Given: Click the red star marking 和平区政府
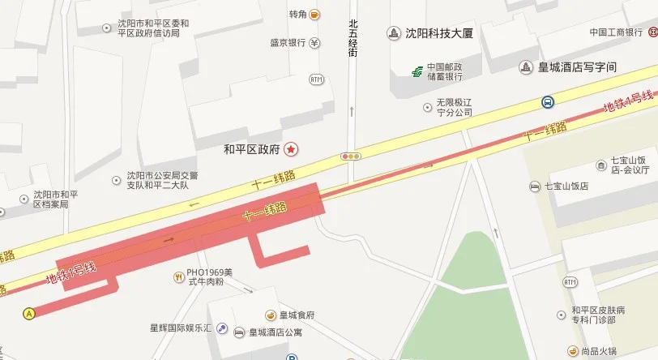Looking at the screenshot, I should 291,149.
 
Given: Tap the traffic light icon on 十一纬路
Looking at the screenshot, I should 351,156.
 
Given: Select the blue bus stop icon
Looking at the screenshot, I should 549,102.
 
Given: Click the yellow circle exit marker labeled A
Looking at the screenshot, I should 30,312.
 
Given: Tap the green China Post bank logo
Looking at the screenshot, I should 416,71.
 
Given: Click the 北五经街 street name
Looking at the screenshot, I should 352,38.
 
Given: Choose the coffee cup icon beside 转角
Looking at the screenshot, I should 314,14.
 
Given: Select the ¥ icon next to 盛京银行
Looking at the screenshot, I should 314,43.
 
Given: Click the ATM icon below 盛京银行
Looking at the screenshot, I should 316,79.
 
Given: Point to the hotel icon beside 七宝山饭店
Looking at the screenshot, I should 534,186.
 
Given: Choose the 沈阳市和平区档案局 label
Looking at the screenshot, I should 55,199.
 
